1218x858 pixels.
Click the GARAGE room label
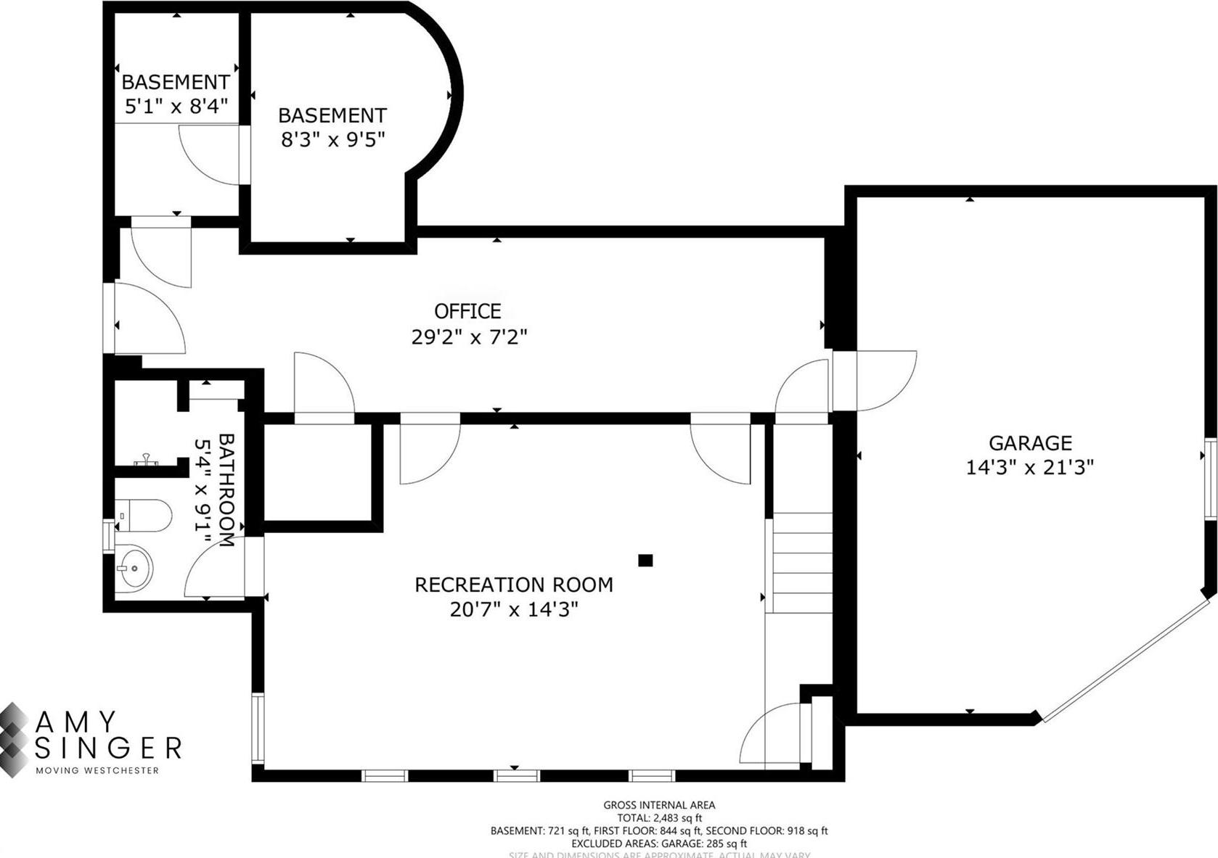click(x=1029, y=442)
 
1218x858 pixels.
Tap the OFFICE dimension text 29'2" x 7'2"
click(x=469, y=337)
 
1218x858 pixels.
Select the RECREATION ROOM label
click(x=513, y=585)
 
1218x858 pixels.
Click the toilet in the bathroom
click(x=144, y=516)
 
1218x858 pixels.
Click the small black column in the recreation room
click(x=645, y=560)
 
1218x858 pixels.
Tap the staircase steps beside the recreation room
click(x=802, y=562)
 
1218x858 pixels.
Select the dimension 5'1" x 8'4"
click(x=176, y=107)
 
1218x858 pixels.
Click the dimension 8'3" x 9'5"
click(x=332, y=139)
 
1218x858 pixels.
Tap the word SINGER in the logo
click(x=109, y=748)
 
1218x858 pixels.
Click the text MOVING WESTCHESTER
click(x=97, y=771)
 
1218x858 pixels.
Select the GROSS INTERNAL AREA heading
click(x=659, y=805)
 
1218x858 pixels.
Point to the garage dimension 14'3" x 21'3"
click(x=1029, y=467)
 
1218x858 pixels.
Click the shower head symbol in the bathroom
click(x=146, y=459)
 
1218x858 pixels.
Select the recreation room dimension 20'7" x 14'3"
click(x=513, y=609)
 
